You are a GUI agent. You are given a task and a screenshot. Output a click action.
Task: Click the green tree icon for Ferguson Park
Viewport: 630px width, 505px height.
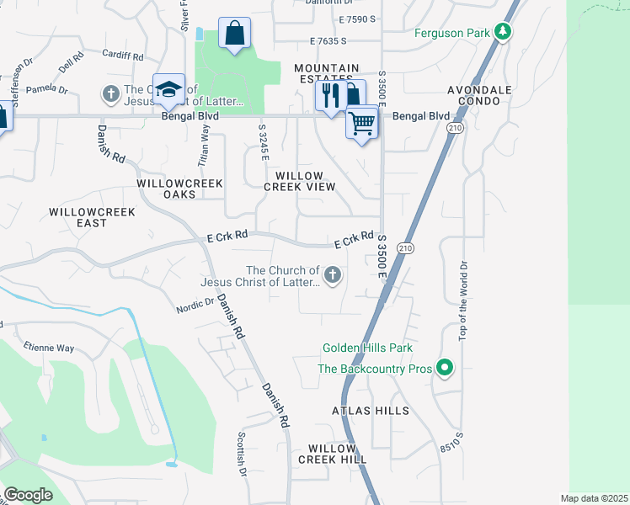[x=503, y=32]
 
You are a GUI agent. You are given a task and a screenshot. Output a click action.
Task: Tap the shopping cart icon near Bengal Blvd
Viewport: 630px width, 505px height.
[x=361, y=123]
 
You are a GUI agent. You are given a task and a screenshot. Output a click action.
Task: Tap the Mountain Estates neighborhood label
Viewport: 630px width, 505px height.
[x=326, y=73]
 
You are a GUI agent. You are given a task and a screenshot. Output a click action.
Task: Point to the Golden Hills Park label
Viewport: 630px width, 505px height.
[x=366, y=348]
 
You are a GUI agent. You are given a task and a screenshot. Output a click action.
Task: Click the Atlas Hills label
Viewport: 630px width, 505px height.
[x=370, y=411]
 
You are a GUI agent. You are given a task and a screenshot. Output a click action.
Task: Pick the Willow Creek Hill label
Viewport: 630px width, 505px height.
[x=337, y=454]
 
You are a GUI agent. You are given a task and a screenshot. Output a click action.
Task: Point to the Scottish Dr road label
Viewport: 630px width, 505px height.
[x=242, y=455]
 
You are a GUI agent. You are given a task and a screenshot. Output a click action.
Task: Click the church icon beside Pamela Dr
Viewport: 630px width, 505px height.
[x=110, y=93]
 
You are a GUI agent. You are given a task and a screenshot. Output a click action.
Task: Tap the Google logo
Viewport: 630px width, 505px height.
[x=28, y=495]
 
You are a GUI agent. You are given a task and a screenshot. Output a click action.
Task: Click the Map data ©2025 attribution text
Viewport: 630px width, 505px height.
[x=593, y=498]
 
